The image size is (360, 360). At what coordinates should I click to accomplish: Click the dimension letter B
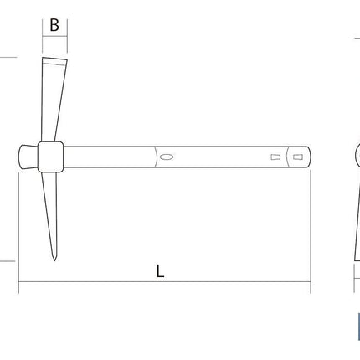[54, 25]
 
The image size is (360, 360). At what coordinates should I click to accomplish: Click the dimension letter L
[160, 271]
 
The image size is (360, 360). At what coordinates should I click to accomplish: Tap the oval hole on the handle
[167, 157]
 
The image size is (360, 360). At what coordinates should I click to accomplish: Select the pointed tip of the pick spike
[54, 260]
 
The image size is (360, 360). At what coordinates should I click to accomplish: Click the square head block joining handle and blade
[50, 157]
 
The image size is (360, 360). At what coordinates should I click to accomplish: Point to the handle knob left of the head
[28, 157]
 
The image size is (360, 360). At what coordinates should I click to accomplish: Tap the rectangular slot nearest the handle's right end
[298, 157]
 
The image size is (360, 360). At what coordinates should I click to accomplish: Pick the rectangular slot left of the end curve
[275, 157]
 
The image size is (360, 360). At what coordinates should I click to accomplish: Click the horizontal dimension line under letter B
[54, 36]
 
